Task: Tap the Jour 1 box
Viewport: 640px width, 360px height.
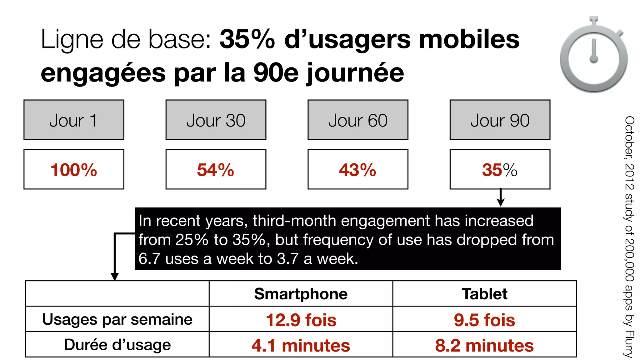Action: coord(74,120)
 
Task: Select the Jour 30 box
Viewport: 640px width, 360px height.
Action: coord(216,120)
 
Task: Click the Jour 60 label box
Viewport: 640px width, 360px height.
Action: coord(358,120)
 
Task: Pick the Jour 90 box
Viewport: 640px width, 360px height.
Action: coord(500,120)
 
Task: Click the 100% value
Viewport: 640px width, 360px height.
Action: coord(74,170)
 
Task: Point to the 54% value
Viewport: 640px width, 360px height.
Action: coord(216,170)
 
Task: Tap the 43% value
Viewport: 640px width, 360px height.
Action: coord(358,170)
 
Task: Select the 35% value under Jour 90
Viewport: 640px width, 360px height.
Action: coord(499,170)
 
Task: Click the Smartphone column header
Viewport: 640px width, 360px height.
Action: coord(301,294)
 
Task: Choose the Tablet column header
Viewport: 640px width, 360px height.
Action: coord(484,294)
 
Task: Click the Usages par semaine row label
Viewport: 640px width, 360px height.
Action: coord(117,319)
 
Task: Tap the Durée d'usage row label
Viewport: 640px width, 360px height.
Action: coord(117,345)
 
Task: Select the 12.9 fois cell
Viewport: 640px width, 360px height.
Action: coord(301,320)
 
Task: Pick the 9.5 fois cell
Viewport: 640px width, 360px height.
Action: coord(484,320)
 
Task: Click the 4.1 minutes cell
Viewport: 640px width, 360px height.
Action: coord(301,345)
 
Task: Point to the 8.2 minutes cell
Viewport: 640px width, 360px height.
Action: coord(484,345)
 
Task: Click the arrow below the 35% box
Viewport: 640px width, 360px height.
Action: coord(501,198)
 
